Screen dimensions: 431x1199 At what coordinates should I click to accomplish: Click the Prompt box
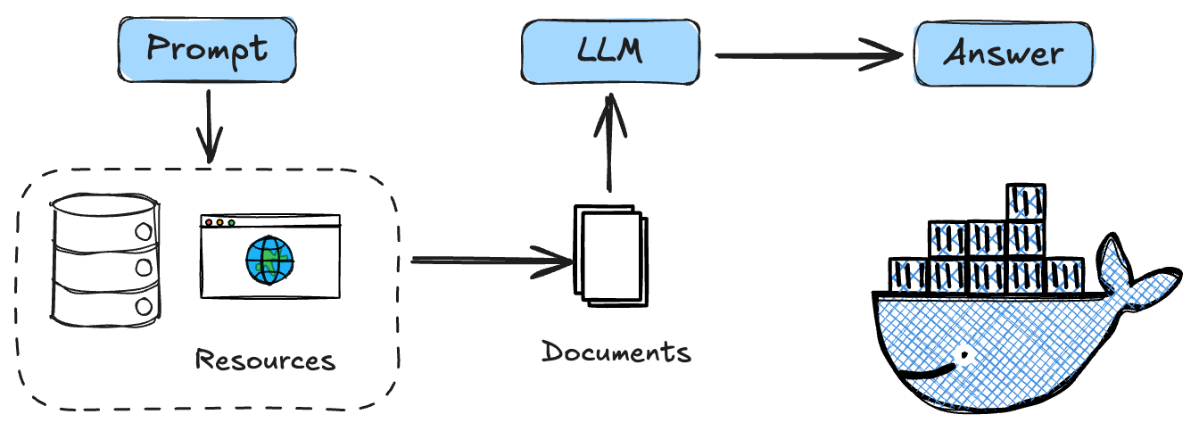[x=206, y=48]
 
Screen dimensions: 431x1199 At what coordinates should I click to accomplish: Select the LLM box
[x=609, y=52]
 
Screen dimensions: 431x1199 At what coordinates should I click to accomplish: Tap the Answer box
[x=1003, y=54]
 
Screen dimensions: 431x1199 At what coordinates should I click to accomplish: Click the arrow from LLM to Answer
[x=807, y=57]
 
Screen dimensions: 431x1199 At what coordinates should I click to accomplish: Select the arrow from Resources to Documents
[x=491, y=261]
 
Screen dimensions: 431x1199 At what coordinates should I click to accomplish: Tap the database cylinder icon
[x=105, y=259]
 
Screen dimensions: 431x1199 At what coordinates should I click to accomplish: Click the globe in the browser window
[x=269, y=259]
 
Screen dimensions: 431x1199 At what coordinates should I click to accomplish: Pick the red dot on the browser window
[x=209, y=222]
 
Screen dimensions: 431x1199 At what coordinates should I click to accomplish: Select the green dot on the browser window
[x=231, y=222]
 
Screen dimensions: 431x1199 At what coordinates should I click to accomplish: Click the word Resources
[x=265, y=361]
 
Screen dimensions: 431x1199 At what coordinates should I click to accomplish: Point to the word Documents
[x=616, y=352]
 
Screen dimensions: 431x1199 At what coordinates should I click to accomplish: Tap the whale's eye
[x=963, y=355]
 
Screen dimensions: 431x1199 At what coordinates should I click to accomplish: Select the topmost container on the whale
[x=1026, y=202]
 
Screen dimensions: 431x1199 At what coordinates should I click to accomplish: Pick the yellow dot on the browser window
[x=219, y=222]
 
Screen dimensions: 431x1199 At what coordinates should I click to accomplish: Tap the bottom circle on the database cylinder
[x=143, y=306]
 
